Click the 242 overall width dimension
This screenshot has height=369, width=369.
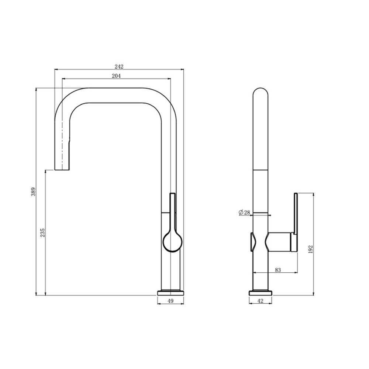click(x=119, y=66)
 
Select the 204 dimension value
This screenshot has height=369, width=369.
click(x=116, y=76)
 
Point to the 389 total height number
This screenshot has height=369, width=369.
click(x=33, y=192)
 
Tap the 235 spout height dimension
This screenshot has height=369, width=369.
click(x=42, y=232)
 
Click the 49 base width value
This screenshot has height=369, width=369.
click(x=170, y=301)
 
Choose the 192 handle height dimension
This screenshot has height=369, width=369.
click(x=310, y=249)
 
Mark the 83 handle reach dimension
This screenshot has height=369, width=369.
click(x=278, y=270)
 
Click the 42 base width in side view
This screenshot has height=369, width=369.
click(x=260, y=301)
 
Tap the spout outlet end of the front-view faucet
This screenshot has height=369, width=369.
click(x=62, y=168)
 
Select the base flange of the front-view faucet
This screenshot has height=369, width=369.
click(x=170, y=293)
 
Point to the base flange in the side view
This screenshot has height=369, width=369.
click(x=261, y=293)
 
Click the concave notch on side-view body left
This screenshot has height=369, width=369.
click(x=253, y=242)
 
